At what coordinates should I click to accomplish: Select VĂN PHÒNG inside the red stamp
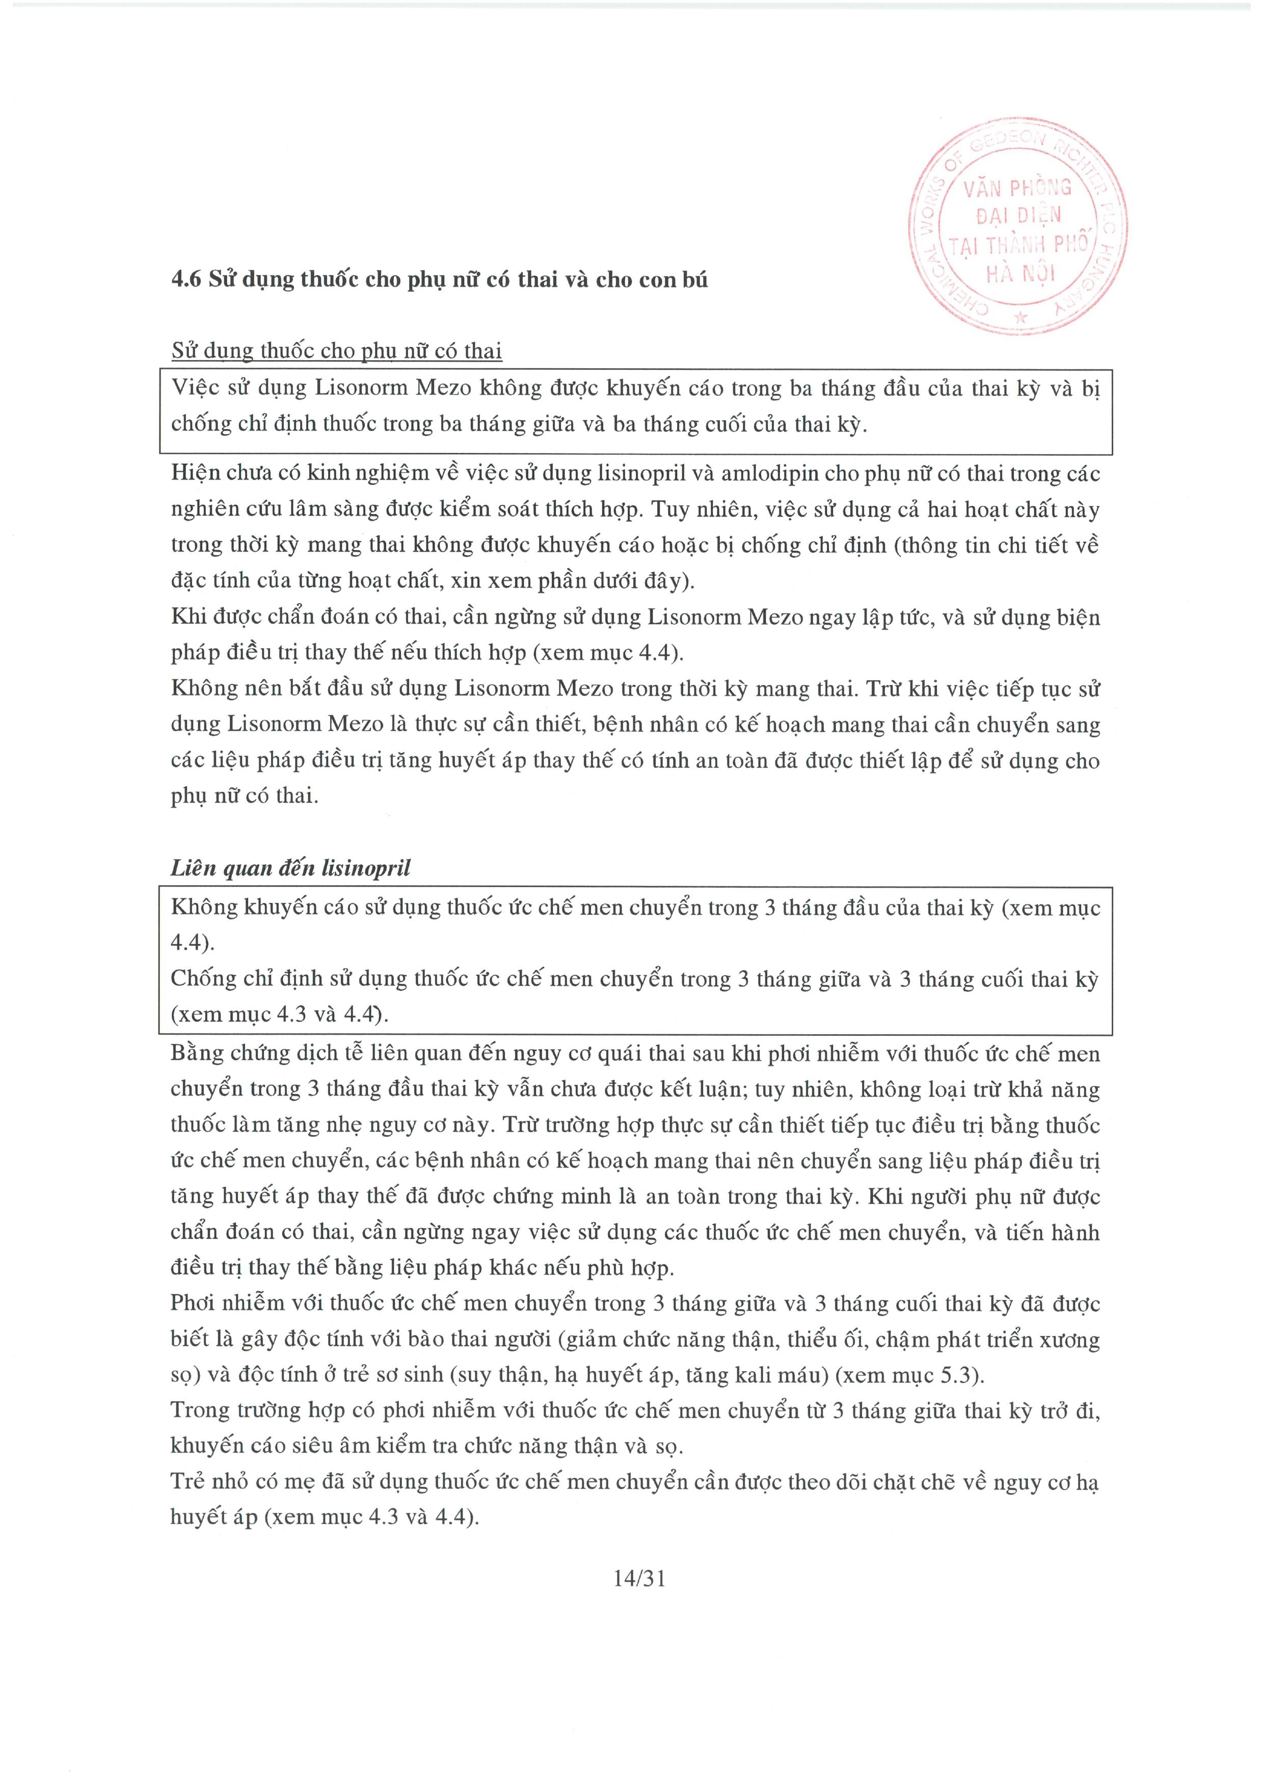(1017, 188)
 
